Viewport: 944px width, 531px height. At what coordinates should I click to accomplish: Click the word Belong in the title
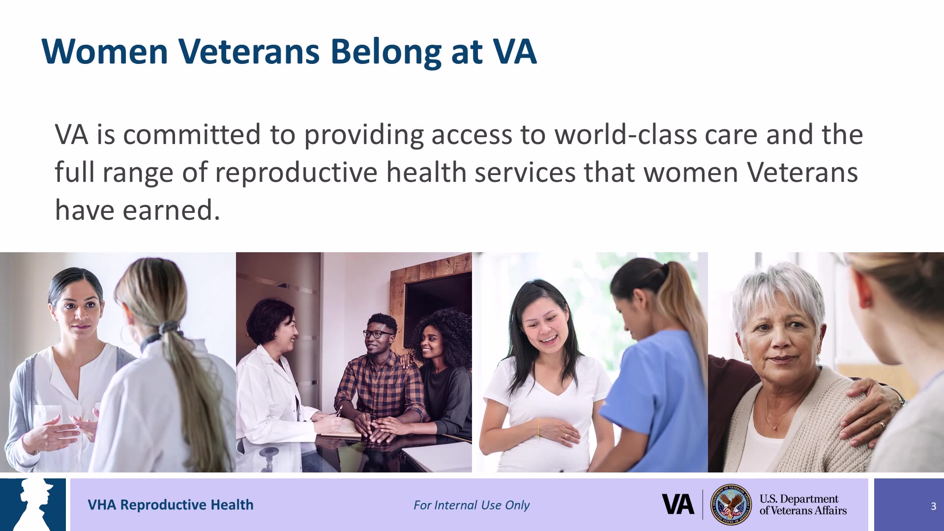tap(385, 52)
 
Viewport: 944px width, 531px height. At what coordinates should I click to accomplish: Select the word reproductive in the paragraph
tap(295, 173)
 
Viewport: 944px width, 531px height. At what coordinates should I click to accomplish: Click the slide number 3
tap(933, 506)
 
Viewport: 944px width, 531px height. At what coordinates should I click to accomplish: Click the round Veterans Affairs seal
tap(731, 504)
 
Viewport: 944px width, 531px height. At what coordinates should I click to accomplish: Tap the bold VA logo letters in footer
tap(678, 504)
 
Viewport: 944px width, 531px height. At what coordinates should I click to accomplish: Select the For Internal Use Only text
tap(471, 505)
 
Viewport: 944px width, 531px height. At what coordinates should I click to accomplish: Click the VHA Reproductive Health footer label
tap(170, 505)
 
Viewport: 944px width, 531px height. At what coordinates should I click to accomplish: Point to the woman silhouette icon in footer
tap(34, 504)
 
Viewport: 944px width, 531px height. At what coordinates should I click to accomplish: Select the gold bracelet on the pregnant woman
tap(538, 428)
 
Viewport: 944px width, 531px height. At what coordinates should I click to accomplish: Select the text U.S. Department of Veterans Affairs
tap(802, 505)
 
